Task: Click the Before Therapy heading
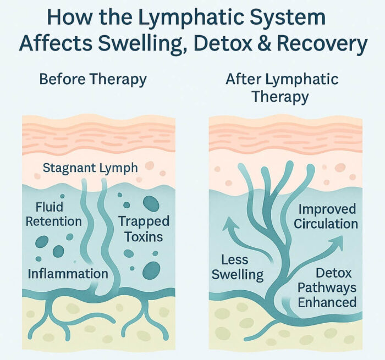click(x=93, y=80)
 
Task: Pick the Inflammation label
click(x=68, y=273)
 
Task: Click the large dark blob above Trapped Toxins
click(x=151, y=204)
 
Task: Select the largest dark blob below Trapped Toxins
click(x=151, y=269)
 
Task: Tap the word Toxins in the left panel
click(x=143, y=237)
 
